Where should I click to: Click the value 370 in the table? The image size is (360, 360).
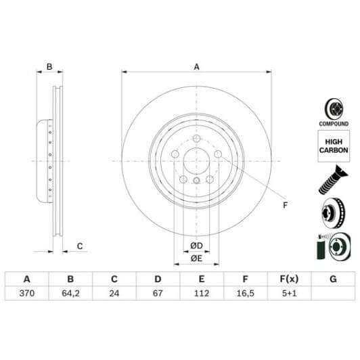[27, 294]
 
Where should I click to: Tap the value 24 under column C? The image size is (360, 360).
[114, 294]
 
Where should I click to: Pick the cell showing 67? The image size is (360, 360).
[157, 294]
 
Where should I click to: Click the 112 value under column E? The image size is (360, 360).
[200, 294]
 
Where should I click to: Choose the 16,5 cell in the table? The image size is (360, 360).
[244, 294]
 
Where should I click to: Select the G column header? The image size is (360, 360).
[332, 279]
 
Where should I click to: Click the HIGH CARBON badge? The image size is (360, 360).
[334, 145]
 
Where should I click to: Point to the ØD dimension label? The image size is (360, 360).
[196, 244]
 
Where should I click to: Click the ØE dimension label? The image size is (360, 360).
[196, 258]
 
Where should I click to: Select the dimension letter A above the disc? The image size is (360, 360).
[197, 66]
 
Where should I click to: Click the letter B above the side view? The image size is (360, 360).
[49, 66]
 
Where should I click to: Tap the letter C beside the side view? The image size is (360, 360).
[79, 246]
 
